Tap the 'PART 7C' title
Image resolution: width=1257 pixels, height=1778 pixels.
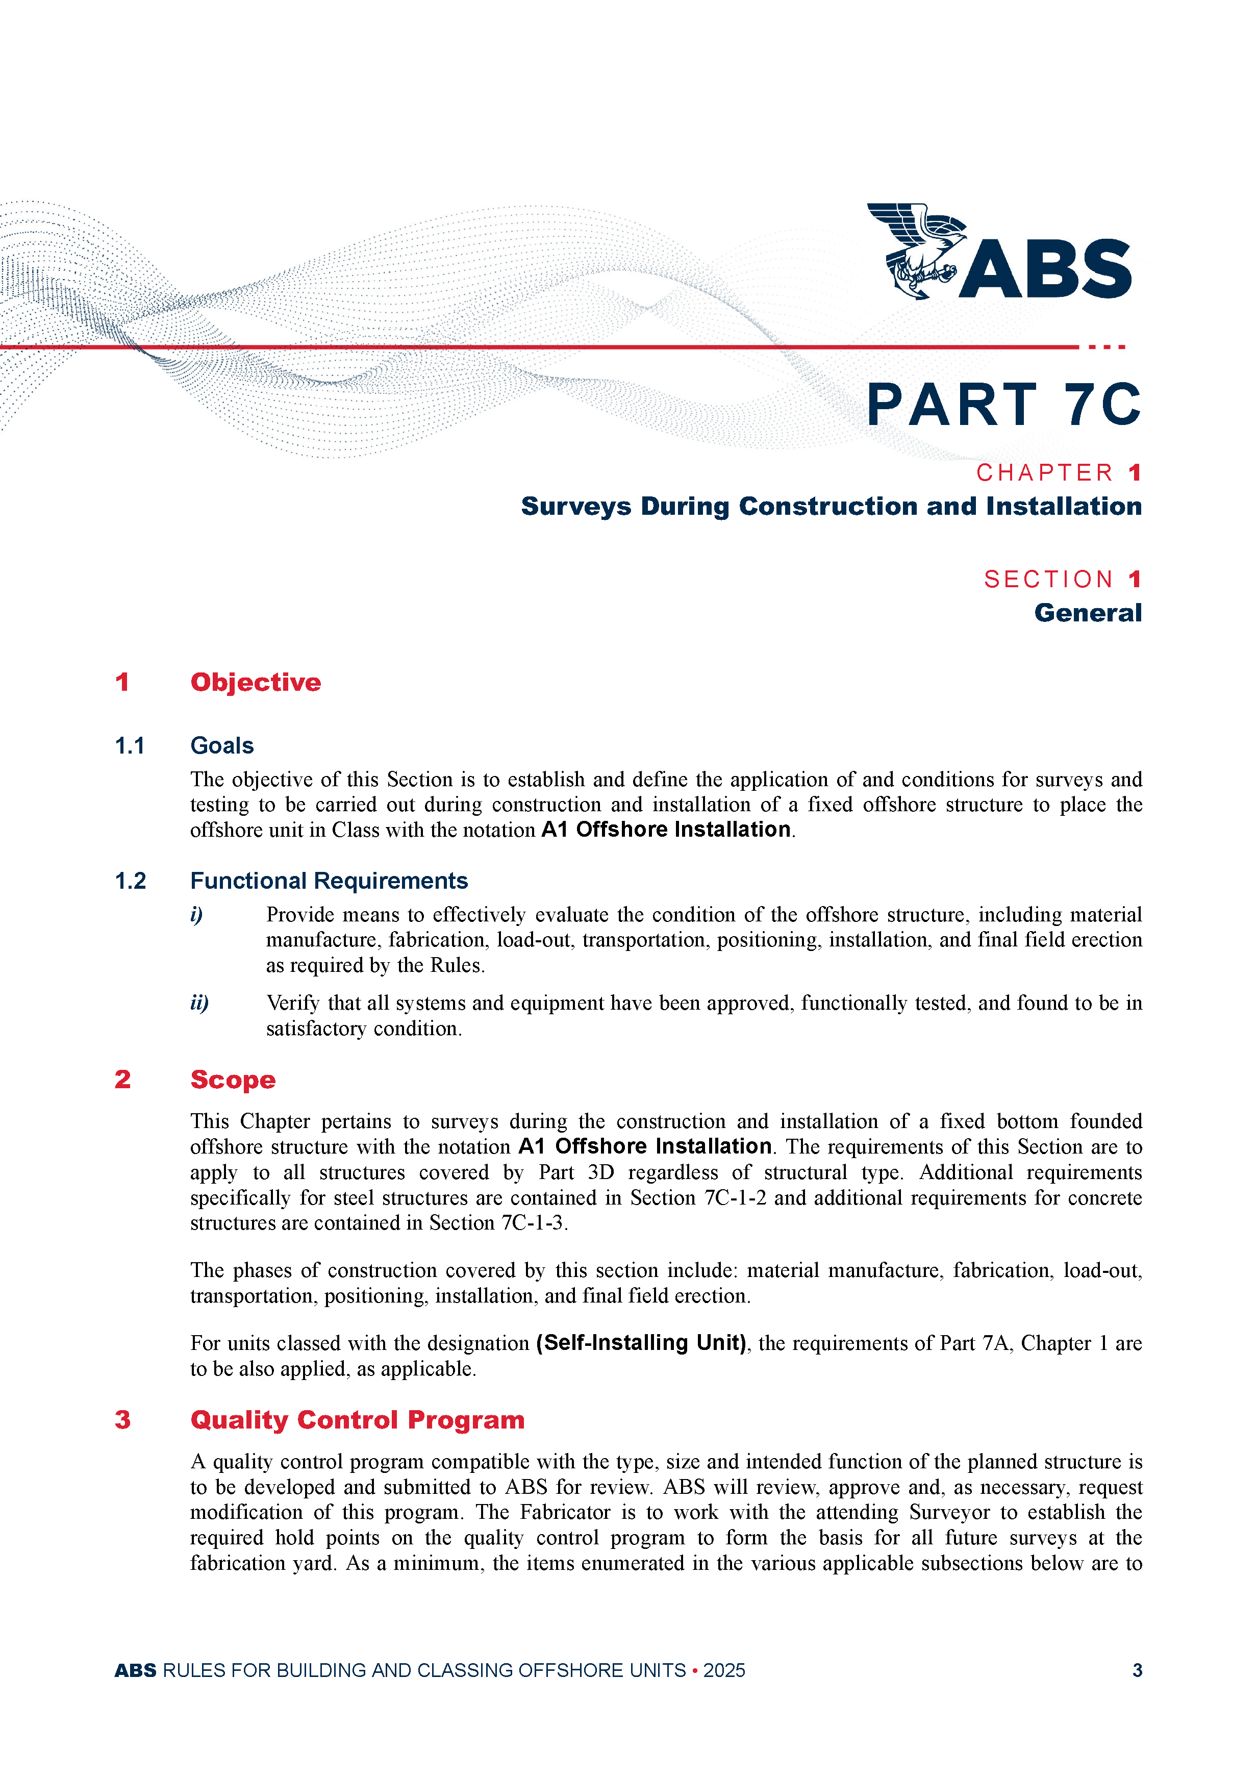pyautogui.click(x=1003, y=405)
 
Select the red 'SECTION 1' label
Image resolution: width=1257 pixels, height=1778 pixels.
pyautogui.click(x=1062, y=579)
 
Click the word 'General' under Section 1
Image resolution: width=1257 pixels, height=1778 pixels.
pyautogui.click(x=1088, y=613)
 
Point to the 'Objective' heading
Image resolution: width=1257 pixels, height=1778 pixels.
pyautogui.click(x=256, y=682)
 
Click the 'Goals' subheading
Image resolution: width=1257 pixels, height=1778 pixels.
pyautogui.click(x=222, y=746)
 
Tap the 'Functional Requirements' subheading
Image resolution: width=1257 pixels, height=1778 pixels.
pyautogui.click(x=329, y=881)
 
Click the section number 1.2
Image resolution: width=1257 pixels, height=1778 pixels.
pyautogui.click(x=130, y=881)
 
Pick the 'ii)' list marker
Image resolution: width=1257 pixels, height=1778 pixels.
pyautogui.click(x=199, y=1003)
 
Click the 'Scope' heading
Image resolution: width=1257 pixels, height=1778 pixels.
pyautogui.click(x=233, y=1080)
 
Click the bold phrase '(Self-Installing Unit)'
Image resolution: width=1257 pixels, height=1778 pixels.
pyautogui.click(x=641, y=1343)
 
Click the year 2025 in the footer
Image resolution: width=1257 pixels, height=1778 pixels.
pyautogui.click(x=724, y=1670)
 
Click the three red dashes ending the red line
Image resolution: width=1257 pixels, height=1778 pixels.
pyautogui.click(x=1107, y=347)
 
